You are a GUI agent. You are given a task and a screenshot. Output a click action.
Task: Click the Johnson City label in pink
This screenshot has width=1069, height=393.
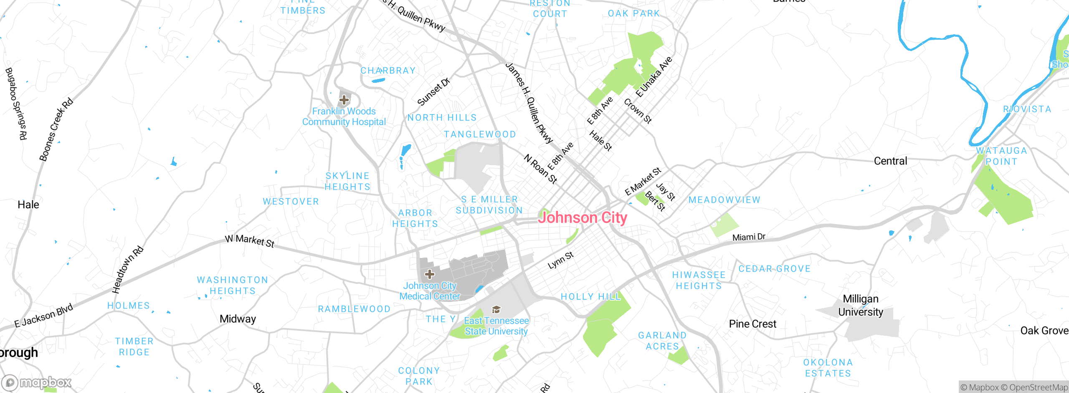pos(583,218)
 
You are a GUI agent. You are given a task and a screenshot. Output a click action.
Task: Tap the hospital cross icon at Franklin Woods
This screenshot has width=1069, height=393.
pos(344,100)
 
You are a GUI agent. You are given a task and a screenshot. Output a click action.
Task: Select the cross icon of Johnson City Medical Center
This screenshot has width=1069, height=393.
pos(429,274)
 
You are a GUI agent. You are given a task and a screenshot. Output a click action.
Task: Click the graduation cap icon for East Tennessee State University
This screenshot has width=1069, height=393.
pos(496,309)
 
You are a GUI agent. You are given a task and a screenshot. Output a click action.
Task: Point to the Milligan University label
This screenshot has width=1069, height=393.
pos(861,306)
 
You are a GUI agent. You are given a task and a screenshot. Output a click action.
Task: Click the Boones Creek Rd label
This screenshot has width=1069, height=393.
pos(56,130)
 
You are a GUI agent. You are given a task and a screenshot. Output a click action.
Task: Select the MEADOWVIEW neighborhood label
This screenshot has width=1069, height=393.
pos(724,200)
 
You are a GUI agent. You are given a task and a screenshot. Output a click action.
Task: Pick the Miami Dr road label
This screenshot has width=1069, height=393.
pos(749,237)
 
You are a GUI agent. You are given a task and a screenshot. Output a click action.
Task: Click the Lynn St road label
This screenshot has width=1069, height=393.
pos(561,260)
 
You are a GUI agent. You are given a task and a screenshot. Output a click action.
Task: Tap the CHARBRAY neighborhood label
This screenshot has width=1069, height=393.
pos(388,71)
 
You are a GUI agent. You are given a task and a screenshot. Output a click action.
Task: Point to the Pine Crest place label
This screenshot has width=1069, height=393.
pos(752,324)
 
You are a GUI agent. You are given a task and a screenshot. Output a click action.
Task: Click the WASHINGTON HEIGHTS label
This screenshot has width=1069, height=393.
pos(233,286)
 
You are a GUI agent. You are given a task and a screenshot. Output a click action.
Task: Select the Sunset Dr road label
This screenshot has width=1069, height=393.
pos(433,92)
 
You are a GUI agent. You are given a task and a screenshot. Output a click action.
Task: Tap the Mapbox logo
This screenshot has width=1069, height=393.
pos(37,383)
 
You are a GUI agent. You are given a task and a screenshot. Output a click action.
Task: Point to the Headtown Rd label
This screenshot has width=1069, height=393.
pos(128,270)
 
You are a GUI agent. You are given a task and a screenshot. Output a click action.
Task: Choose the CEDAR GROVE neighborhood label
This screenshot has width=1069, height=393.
pos(775,269)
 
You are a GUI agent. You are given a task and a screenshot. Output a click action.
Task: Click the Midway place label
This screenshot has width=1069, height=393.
pos(238,319)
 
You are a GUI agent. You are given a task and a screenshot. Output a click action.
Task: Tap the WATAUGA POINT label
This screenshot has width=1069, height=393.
pos(1001,156)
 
